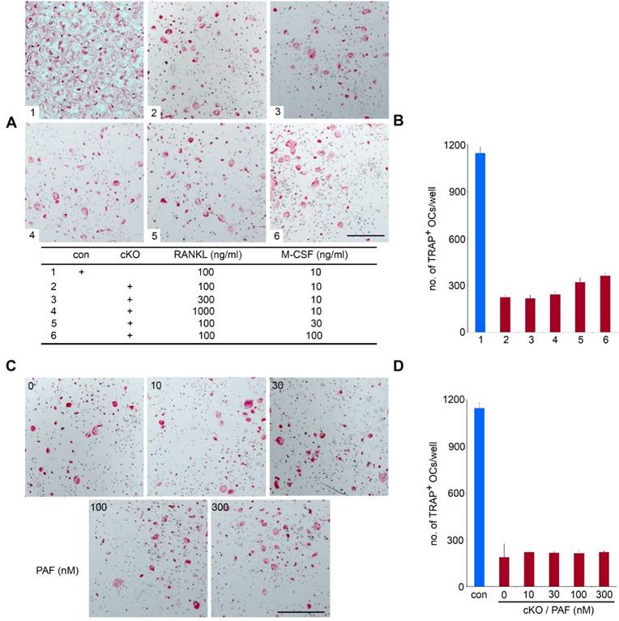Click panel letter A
point(11,123)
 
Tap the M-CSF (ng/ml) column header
point(322,255)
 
